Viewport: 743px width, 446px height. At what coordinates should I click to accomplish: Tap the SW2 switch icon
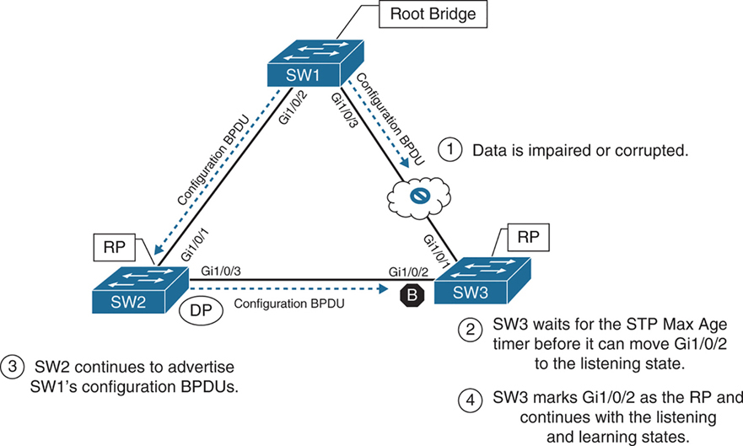tap(137, 287)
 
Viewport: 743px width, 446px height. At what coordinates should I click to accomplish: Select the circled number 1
tap(450, 150)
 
